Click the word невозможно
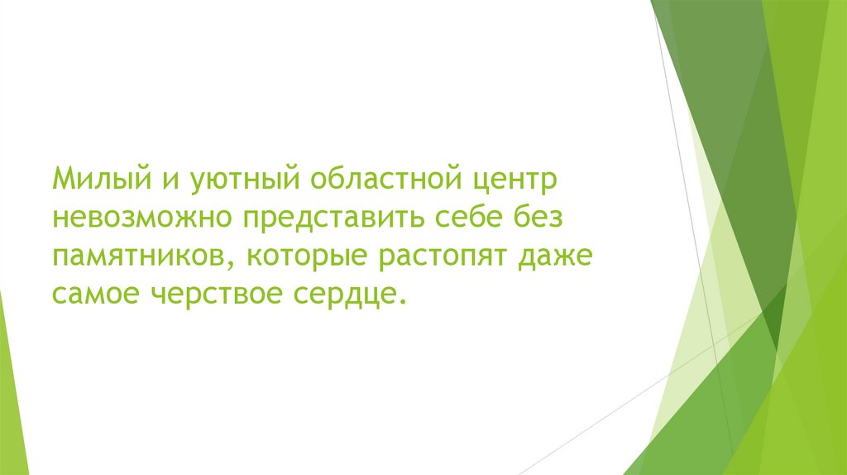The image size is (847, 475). pos(142,218)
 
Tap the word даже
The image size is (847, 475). pos(556,257)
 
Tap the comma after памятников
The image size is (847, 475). pos(231,266)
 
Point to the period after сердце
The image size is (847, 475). pos(403,303)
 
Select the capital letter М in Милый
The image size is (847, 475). pos(65,177)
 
